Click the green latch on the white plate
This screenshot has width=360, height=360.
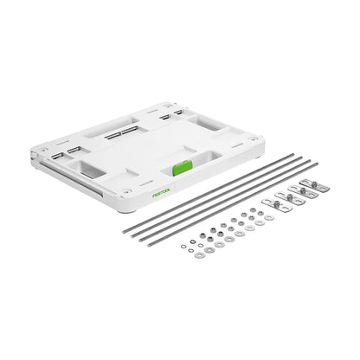(183, 168)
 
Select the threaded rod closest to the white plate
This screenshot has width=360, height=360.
(209, 193)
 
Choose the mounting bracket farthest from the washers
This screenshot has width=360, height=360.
(314, 185)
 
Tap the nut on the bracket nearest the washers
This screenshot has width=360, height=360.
(277, 204)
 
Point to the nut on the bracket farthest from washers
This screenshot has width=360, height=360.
(315, 183)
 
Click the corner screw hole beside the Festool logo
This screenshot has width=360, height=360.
(125, 191)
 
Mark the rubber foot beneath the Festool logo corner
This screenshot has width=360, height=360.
(127, 211)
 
